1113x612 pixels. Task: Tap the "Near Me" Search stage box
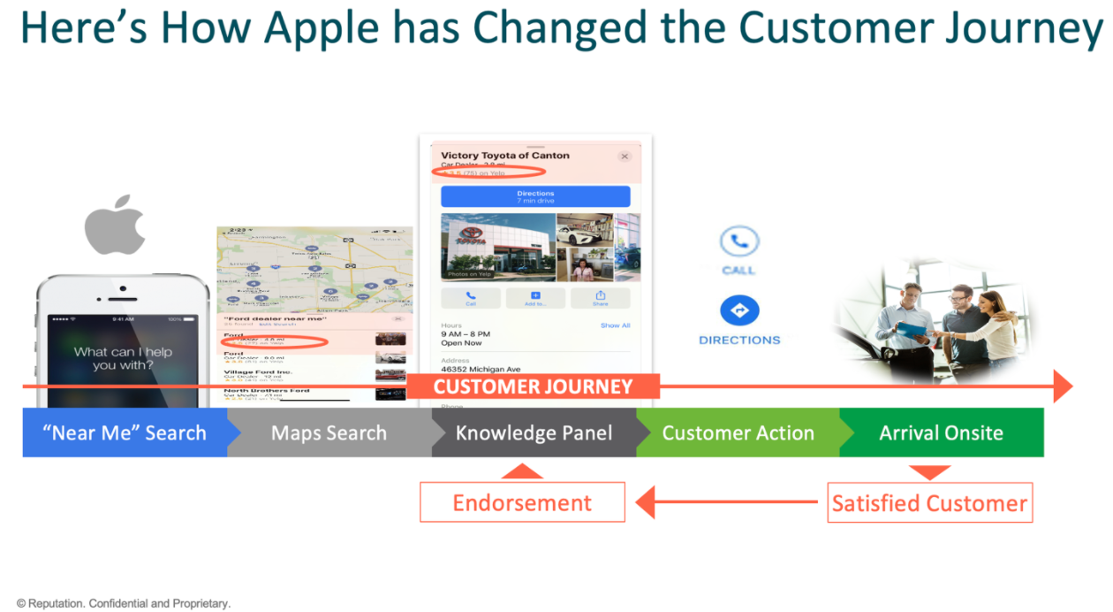pyautogui.click(x=124, y=432)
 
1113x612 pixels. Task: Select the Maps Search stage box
pyautogui.click(x=329, y=432)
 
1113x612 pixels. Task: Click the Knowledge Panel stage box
pyautogui.click(x=534, y=432)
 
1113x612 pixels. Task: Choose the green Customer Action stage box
pyautogui.click(x=738, y=432)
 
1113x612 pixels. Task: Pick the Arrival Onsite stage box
pyautogui.click(x=942, y=432)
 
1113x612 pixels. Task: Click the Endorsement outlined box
pyautogui.click(x=522, y=502)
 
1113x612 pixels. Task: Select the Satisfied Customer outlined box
pyautogui.click(x=929, y=502)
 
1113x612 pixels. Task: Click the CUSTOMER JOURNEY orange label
pyautogui.click(x=534, y=386)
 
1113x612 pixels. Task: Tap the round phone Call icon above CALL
pyautogui.click(x=739, y=241)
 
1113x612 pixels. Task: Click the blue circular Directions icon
pyautogui.click(x=739, y=311)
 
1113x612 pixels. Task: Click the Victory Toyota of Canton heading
pyautogui.click(x=505, y=156)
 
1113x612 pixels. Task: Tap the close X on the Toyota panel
pyautogui.click(x=625, y=157)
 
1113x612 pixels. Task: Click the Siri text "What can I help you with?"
pyautogui.click(x=123, y=358)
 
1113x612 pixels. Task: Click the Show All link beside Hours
pyautogui.click(x=616, y=325)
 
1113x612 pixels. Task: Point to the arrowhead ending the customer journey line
pyautogui.click(x=1063, y=386)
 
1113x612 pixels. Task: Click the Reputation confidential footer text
pyautogui.click(x=124, y=603)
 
